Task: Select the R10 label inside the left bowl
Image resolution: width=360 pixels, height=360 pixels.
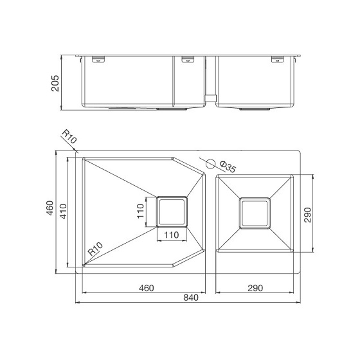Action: [x=96, y=248]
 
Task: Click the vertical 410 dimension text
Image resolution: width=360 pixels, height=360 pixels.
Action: [x=64, y=212]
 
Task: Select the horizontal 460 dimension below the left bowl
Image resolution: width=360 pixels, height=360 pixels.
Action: [x=146, y=289]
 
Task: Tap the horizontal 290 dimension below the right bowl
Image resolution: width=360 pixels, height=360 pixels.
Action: [x=256, y=289]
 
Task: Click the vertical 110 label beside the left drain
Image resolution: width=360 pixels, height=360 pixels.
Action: [x=141, y=211]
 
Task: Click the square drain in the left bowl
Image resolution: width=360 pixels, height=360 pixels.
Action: [x=172, y=211]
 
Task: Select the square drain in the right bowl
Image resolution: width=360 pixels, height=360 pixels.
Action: [x=256, y=213]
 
